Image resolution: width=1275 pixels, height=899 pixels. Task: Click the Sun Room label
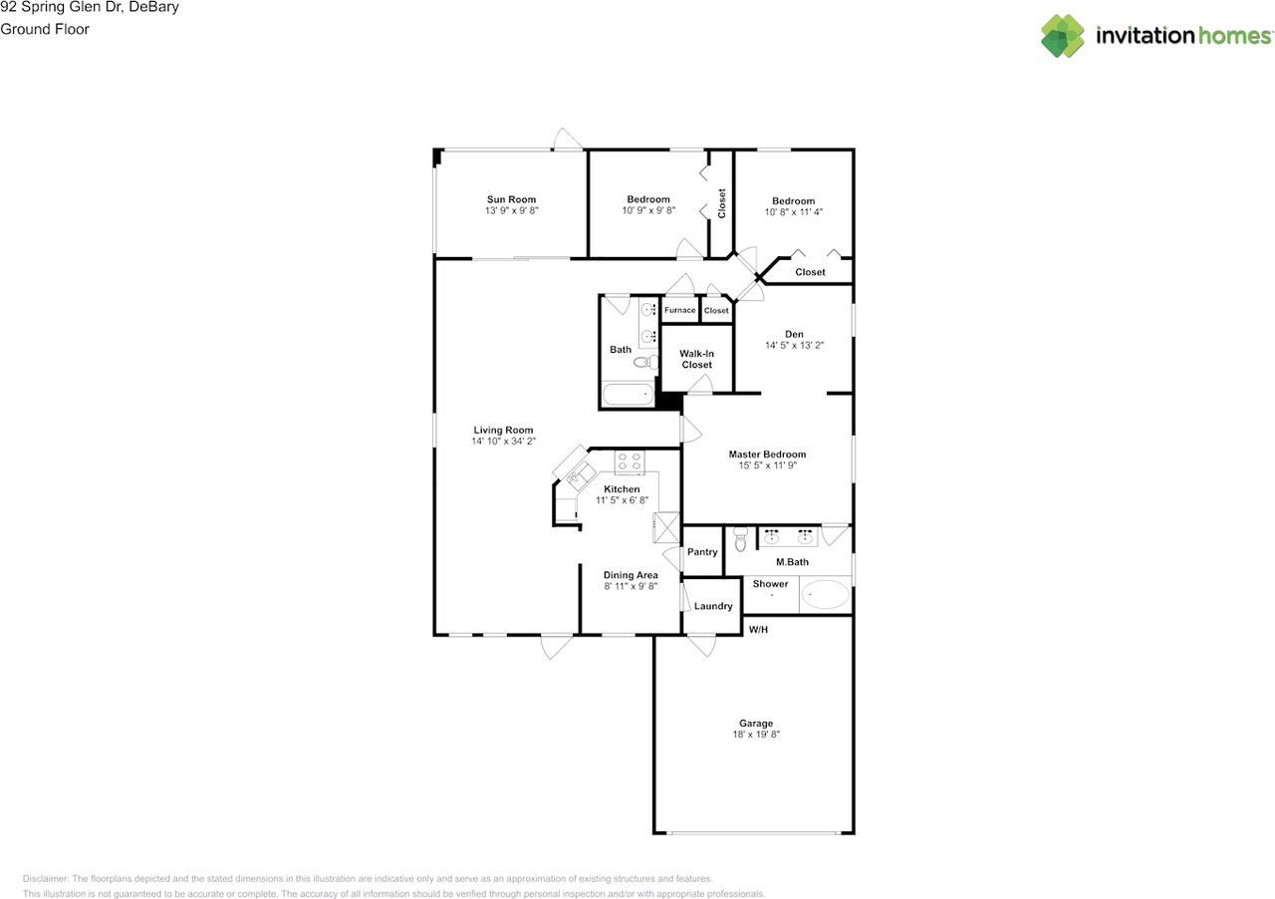(x=511, y=199)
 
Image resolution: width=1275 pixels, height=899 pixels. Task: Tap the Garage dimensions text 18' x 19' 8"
(x=756, y=735)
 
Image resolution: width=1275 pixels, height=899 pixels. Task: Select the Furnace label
(x=680, y=310)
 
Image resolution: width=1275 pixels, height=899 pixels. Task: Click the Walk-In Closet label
(x=697, y=359)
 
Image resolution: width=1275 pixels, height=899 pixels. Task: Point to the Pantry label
(x=702, y=552)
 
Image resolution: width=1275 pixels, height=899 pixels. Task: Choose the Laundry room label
(x=713, y=606)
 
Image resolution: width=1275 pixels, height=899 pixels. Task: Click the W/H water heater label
(x=758, y=629)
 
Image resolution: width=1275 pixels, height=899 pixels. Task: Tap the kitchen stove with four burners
(x=630, y=461)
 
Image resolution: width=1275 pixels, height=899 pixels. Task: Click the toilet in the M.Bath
(x=740, y=539)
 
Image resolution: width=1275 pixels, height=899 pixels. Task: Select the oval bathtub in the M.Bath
(x=826, y=595)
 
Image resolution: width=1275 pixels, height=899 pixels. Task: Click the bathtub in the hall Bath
(x=628, y=395)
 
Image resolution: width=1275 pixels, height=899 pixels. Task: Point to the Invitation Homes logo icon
(x=1063, y=36)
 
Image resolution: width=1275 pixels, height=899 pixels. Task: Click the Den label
(x=794, y=334)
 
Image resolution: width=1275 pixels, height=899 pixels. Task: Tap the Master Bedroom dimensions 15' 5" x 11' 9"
(x=767, y=465)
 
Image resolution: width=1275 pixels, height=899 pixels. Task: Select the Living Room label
(x=504, y=431)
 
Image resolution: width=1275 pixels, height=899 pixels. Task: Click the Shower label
(x=770, y=584)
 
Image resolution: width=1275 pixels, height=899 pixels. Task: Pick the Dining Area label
(x=631, y=575)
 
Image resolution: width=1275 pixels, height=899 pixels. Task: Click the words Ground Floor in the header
(x=45, y=29)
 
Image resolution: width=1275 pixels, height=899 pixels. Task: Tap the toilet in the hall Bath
(x=644, y=361)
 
